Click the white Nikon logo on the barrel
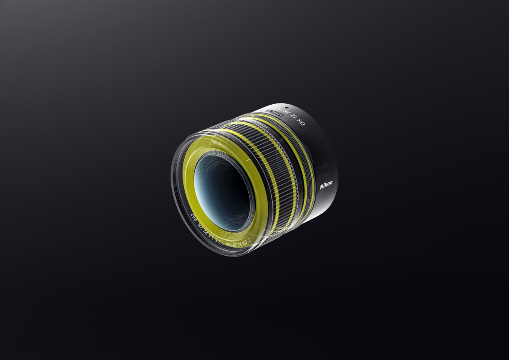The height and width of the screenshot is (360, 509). click(326, 185)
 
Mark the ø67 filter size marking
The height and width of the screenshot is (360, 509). click(194, 216)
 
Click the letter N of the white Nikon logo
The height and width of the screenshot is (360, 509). click(322, 187)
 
